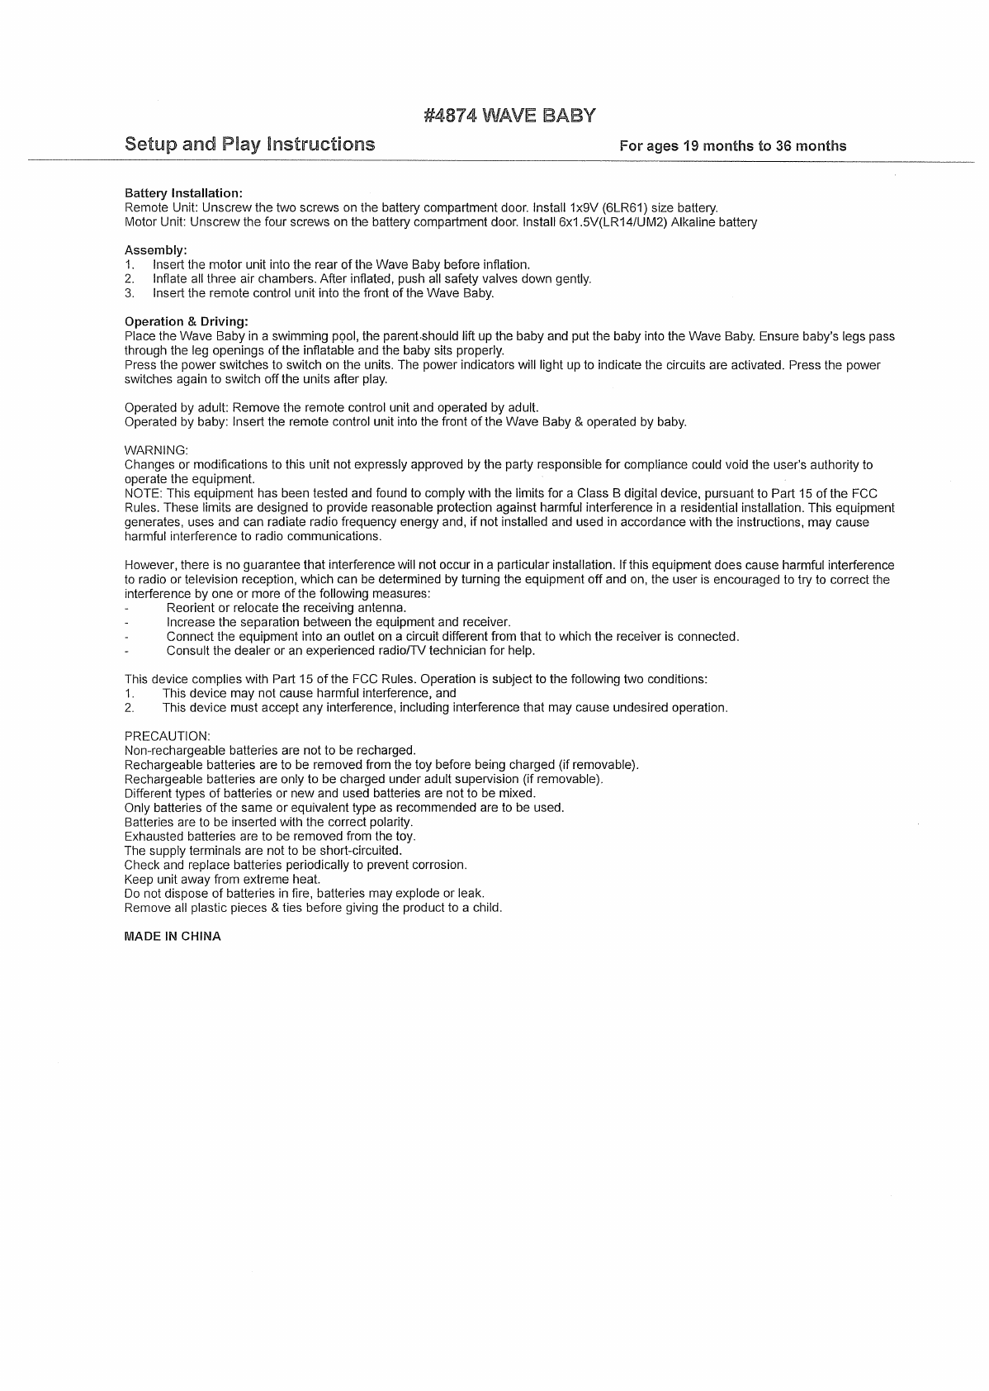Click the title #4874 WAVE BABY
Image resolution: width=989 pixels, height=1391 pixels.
pos(509,115)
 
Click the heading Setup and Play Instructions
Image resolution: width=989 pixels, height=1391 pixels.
pos(249,145)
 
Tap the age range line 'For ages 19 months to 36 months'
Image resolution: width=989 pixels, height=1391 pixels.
pos(732,146)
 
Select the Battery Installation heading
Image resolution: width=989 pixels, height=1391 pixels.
pos(183,192)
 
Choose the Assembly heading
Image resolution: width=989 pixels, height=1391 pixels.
pos(155,249)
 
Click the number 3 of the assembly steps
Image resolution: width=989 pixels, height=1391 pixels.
pos(129,292)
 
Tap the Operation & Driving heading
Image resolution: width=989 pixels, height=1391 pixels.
pos(186,321)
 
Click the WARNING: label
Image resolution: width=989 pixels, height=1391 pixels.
pos(156,450)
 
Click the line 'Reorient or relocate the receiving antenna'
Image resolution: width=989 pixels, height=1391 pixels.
pos(286,608)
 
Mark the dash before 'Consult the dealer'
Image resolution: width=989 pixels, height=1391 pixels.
pos(126,651)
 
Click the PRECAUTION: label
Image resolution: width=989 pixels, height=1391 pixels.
pos(167,736)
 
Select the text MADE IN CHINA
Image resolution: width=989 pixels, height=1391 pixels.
pos(173,937)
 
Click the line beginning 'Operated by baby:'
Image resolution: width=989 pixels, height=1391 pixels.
pos(405,422)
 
